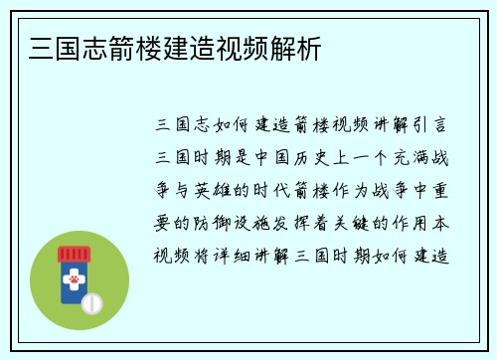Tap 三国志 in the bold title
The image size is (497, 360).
51,47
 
